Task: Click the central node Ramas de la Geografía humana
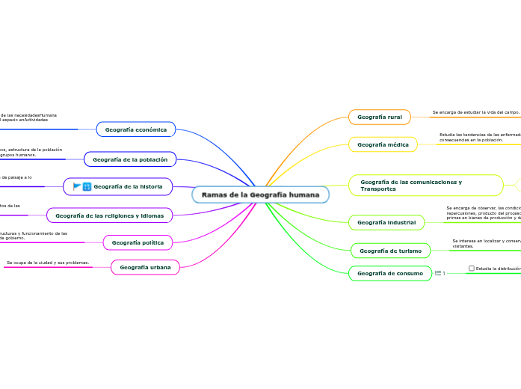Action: [x=260, y=195]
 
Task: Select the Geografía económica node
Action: [x=135, y=129]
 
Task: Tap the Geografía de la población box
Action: [x=130, y=159]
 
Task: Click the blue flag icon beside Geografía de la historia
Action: [x=77, y=186]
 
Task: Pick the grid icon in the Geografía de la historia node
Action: [x=87, y=186]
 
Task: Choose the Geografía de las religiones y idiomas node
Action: [x=110, y=215]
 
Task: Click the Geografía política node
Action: [x=138, y=242]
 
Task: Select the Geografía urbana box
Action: [x=145, y=267]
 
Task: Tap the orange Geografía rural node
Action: [x=380, y=117]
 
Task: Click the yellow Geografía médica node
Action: [x=383, y=144]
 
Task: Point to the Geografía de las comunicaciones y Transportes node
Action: [x=425, y=186]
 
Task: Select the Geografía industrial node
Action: [x=386, y=222]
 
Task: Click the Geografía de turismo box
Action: [x=390, y=251]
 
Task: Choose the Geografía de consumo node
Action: [x=390, y=273]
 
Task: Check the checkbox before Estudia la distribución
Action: [x=472, y=268]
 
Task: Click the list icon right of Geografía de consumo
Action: [x=439, y=273]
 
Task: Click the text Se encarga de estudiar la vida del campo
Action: [x=475, y=112]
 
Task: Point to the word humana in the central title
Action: [x=305, y=195]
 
